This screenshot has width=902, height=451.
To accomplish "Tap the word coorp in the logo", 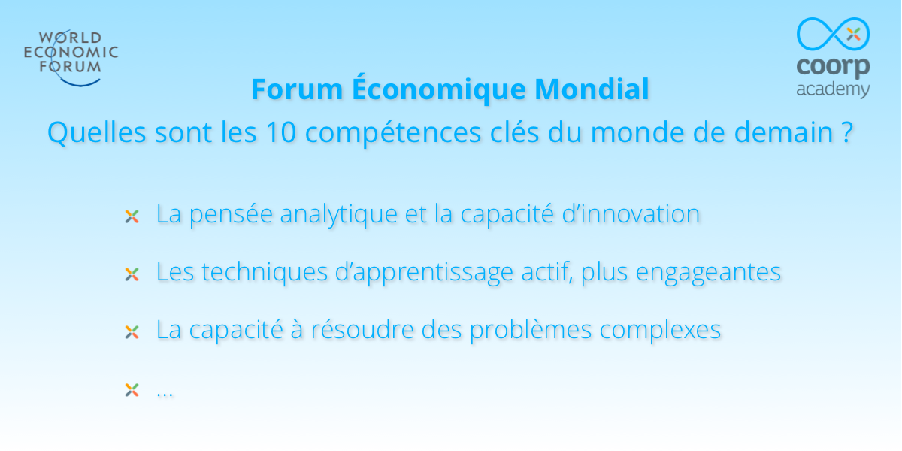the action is pos(833,67).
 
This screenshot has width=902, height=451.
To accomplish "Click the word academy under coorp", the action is pos(833,90).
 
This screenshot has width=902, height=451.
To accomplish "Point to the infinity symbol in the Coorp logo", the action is pos(833,34).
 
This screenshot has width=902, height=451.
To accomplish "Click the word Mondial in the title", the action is pos(592,89).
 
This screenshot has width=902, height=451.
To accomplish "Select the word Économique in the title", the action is pos(439,89).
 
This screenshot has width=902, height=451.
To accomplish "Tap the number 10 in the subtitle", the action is pos(281,132).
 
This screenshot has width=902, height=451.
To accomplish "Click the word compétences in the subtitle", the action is pos(393,133).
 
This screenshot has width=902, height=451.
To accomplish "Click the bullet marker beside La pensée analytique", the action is pos(132,216).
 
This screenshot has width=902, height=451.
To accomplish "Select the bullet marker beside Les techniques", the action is pos(132,274).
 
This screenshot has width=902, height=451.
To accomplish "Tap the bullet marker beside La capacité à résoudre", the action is pos(132,332).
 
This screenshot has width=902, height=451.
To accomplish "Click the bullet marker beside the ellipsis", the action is pos(132,390).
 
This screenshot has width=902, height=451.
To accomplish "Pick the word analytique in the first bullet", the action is pos(339,215).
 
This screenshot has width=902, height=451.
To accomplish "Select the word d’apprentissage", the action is pos(424,273).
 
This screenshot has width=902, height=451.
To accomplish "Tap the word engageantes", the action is pos(708,273).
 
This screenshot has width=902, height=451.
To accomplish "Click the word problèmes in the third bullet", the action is pos(531,331).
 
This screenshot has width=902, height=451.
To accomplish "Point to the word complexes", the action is pos(660,331).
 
